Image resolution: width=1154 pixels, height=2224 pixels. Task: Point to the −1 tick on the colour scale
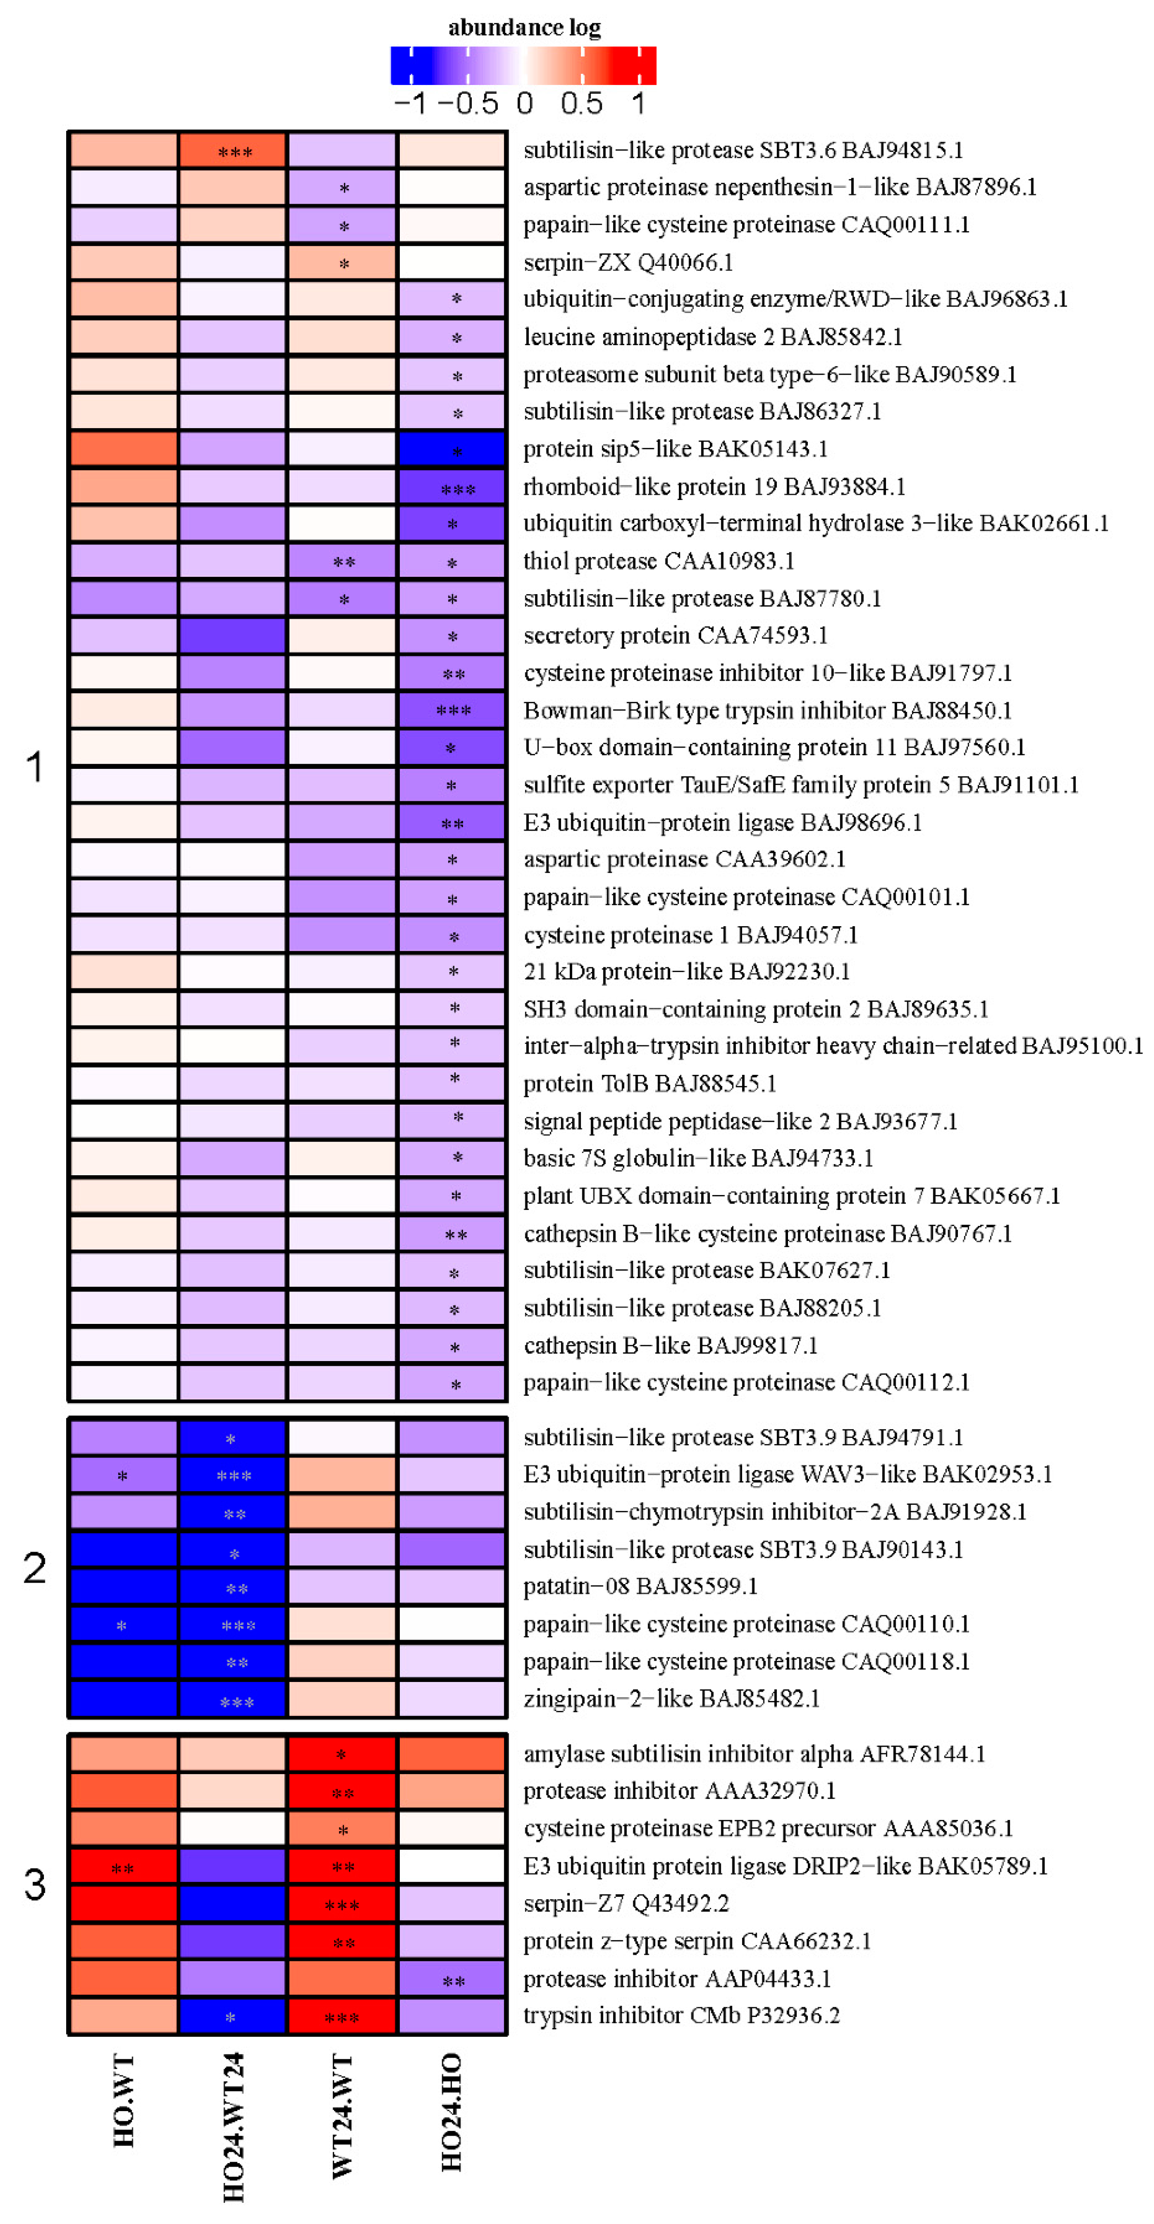click(x=410, y=104)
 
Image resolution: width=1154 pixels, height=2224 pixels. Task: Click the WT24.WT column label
click(x=342, y=2115)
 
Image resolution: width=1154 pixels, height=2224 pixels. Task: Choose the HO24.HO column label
click(x=451, y=2112)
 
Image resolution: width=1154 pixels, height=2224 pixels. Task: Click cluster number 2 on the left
click(x=35, y=1567)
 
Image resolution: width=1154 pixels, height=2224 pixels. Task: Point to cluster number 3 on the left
click(x=35, y=1884)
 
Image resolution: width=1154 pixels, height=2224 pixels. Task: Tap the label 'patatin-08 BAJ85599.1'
click(x=640, y=1586)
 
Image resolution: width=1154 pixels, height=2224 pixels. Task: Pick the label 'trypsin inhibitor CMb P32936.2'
click(x=681, y=2015)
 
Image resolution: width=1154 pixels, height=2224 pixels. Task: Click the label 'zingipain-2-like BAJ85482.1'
click(x=671, y=1698)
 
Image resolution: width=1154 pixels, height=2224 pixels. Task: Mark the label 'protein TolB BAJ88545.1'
click(x=649, y=1084)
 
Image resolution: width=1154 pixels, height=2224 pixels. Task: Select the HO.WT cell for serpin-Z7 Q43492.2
click(x=124, y=1903)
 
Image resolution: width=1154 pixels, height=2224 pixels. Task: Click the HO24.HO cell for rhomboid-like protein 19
click(x=451, y=487)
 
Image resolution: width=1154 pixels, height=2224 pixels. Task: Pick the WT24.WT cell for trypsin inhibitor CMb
click(x=342, y=2016)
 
